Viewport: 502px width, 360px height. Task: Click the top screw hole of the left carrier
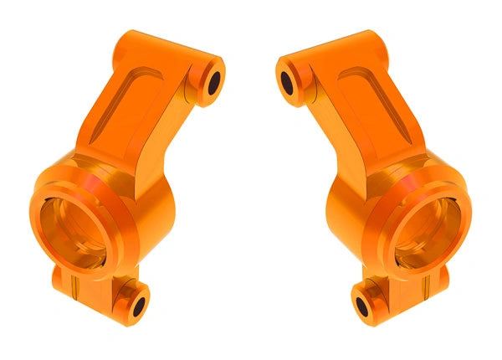213,82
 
